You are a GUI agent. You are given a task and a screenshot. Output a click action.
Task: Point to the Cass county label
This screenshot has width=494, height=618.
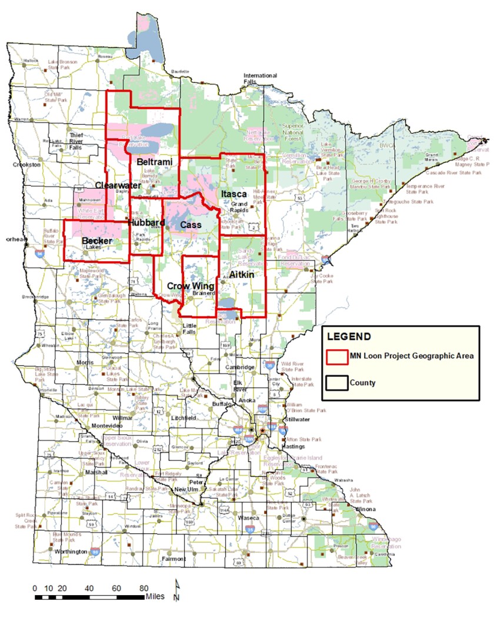[x=191, y=225]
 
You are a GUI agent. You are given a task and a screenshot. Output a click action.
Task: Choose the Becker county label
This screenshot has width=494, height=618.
[x=97, y=241]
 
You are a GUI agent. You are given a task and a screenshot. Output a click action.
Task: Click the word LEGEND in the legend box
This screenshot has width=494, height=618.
[x=348, y=338]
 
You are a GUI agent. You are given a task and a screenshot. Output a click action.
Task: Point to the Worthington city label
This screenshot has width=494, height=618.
[x=71, y=553]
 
